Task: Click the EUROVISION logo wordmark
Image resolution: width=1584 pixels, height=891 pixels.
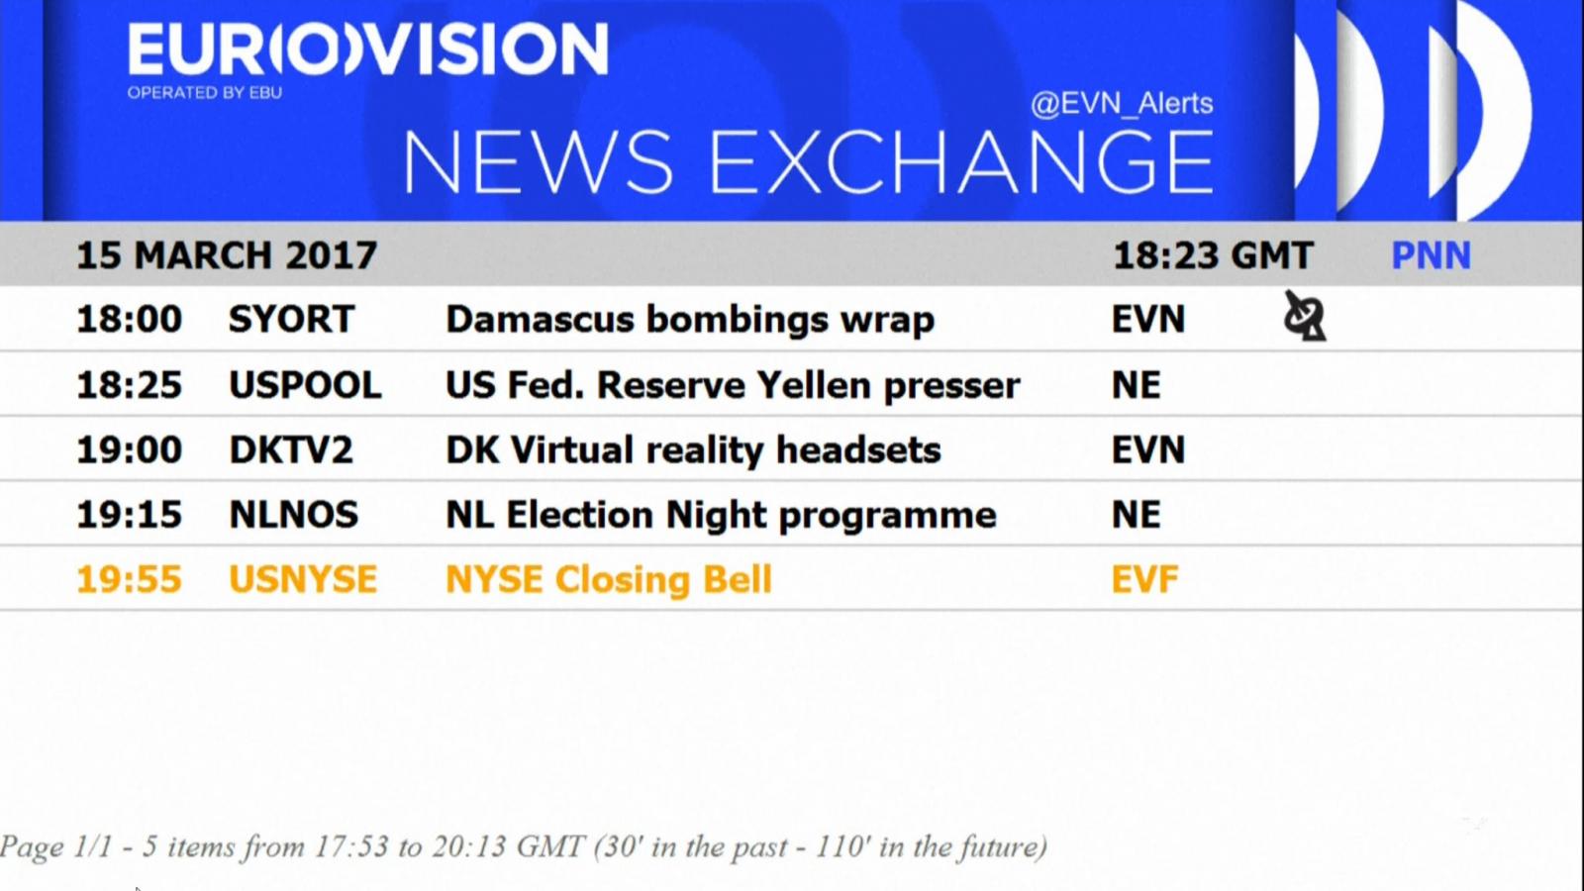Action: [367, 49]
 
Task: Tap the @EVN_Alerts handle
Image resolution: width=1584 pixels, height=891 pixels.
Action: [1122, 104]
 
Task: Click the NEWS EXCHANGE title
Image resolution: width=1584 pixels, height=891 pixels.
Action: [808, 162]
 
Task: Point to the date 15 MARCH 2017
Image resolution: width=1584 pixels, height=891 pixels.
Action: [227, 255]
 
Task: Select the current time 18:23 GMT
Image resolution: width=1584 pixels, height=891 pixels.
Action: [1213, 255]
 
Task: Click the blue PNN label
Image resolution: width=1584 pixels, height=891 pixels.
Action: [1431, 255]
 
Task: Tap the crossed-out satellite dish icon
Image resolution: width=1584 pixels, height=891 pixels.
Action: [1305, 316]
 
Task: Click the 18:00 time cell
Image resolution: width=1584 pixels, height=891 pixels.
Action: [129, 319]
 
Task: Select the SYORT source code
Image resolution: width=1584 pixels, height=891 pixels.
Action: [291, 319]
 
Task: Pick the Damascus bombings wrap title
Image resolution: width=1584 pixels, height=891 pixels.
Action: [689, 320]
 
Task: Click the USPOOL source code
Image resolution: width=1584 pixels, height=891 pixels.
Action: [305, 385]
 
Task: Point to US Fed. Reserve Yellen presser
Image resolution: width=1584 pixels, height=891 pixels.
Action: [733, 385]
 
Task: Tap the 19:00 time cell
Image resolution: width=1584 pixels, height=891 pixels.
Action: [129, 449]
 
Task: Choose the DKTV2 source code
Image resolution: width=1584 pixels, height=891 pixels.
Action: [291, 449]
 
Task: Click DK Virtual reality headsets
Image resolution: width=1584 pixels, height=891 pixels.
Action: [693, 450]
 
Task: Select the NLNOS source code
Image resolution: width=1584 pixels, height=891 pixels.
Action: [293, 515]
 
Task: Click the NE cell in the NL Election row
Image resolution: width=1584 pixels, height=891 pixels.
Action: [1136, 515]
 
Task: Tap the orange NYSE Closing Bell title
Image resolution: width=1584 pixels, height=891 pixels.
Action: [608, 580]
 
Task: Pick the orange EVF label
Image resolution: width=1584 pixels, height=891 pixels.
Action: [1144, 580]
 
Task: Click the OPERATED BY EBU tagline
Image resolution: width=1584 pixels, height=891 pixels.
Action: [204, 93]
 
